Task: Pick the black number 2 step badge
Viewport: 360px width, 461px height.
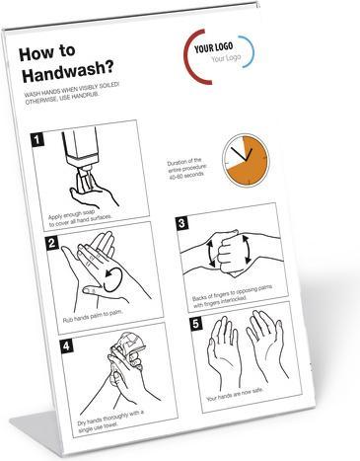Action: pos(50,242)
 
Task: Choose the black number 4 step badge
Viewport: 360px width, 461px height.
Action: pos(64,346)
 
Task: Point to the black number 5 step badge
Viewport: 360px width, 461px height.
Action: pos(194,323)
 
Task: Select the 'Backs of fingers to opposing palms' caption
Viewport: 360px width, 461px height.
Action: pos(229,299)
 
